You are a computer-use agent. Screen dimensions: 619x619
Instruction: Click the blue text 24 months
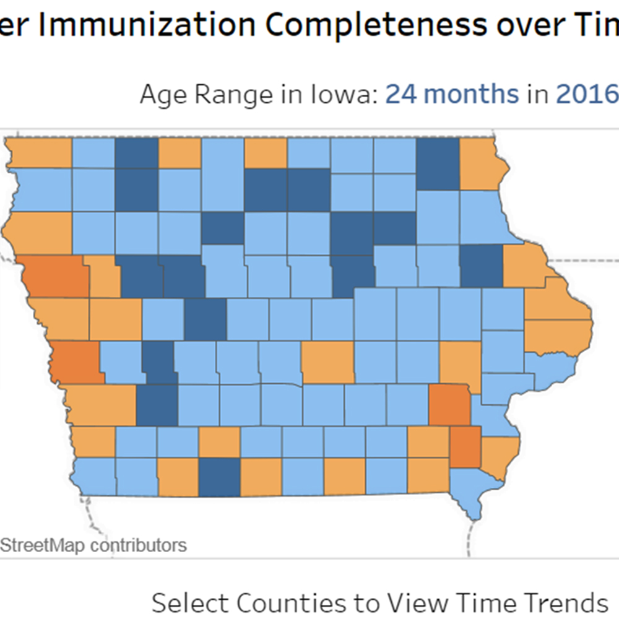pyautogui.click(x=452, y=95)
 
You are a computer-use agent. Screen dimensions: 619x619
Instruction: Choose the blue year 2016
pyautogui.click(x=587, y=95)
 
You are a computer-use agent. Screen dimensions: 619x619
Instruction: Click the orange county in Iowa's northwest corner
pyautogui.click(x=38, y=153)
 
